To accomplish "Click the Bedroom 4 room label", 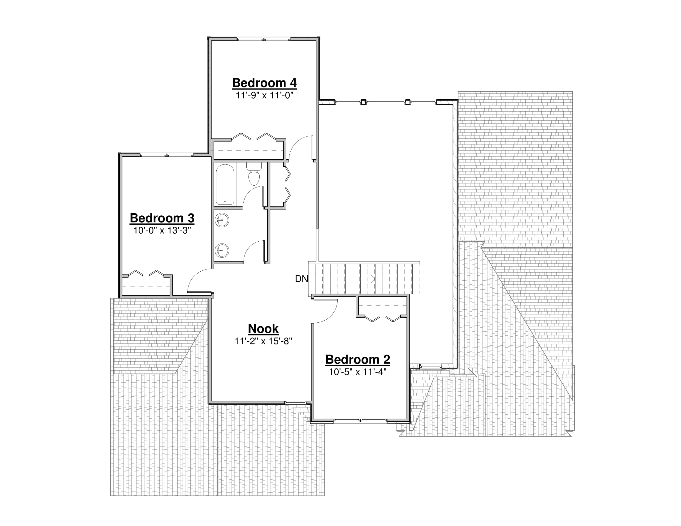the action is click(264, 83).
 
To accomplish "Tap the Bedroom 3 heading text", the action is click(162, 218).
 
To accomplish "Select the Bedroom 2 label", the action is click(358, 360).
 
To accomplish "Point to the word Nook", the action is click(263, 329).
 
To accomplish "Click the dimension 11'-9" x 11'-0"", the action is click(264, 95).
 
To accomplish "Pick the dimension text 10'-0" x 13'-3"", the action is click(162, 231).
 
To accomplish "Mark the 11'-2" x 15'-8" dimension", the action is click(263, 341).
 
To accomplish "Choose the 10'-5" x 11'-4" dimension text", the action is click(358, 372).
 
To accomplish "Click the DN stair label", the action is click(301, 279).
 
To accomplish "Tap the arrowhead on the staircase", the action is click(373, 279).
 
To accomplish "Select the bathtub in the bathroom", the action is click(225, 184).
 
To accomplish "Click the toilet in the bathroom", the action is click(254, 174).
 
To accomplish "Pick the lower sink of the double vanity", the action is click(222, 250).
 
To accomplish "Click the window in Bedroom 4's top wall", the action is click(263, 39).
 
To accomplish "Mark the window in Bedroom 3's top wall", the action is click(167, 155).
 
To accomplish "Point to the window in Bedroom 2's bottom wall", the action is click(360, 420).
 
